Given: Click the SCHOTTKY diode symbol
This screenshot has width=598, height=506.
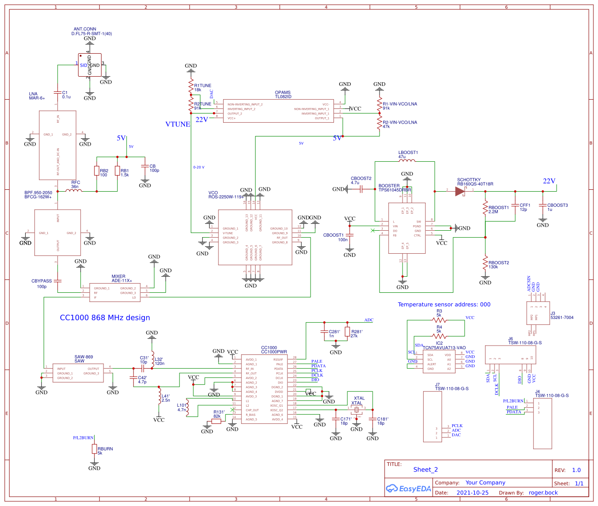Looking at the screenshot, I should pos(460,191).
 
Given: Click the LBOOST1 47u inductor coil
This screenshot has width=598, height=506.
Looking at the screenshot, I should pos(407,161).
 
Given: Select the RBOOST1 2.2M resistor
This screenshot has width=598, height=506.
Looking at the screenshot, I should pos(485,207).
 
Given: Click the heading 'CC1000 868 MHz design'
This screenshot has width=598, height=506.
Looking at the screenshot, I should pos(105,318).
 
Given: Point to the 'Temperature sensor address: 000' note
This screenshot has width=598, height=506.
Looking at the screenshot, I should pos(444,304).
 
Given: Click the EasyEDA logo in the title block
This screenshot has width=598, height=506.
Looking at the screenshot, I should pos(408,489).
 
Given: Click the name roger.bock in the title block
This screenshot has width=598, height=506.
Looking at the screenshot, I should pos(543,493).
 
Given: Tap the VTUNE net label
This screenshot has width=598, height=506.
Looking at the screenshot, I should pos(178,124).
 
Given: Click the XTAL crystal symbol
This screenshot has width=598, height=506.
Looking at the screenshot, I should pos(356,408).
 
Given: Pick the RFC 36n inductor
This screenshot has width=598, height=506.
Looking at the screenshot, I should pos(74,190).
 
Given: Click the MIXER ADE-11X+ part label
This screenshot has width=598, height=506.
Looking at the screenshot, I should pos(122,279).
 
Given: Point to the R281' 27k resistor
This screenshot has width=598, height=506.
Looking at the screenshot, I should pos(347,332).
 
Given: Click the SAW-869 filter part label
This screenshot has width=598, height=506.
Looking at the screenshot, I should pos(83,359).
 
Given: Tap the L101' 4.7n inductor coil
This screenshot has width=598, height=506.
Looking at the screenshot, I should pos(187,407).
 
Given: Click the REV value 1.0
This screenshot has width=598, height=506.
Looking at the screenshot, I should pos(576,470).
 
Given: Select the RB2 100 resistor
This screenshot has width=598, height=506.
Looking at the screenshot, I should pos(97,171).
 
